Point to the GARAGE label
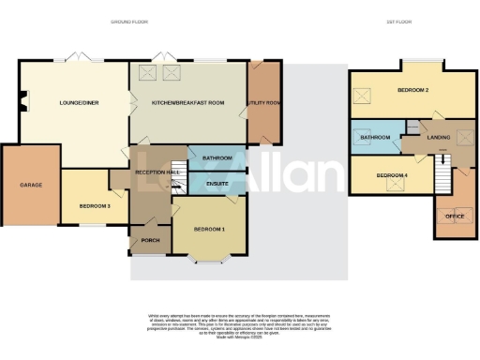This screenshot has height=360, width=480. (x=31, y=185)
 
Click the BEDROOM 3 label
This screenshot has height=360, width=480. (x=96, y=205)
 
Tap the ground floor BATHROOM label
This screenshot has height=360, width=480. (x=217, y=158)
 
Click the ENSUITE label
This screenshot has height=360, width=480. (x=217, y=183)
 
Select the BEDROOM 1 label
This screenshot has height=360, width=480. (x=209, y=229)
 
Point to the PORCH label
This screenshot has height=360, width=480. (x=150, y=239)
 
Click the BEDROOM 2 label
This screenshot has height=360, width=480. (x=412, y=91)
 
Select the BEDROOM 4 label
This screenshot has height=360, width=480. (x=394, y=175)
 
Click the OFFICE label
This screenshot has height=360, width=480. (x=455, y=217)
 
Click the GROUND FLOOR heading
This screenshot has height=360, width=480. (x=129, y=21)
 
